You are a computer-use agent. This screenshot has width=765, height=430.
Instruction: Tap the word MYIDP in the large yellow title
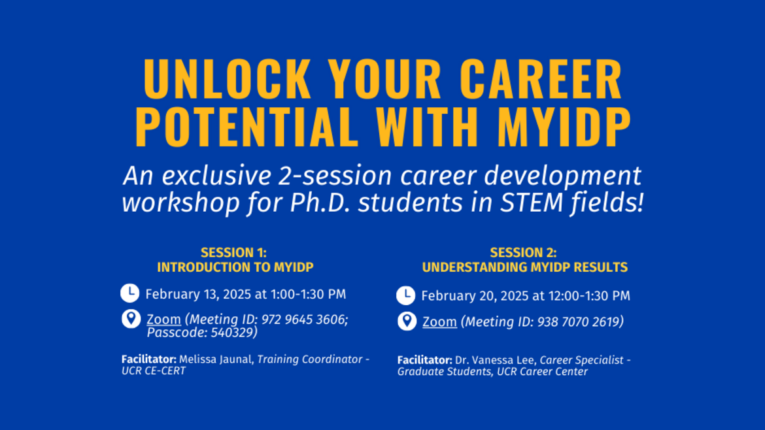(x=563, y=127)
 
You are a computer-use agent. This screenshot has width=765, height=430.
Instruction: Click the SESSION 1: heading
(x=233, y=253)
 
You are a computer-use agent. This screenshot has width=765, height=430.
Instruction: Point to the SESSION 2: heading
(x=523, y=253)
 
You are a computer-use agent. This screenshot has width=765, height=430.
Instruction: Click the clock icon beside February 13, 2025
(x=130, y=293)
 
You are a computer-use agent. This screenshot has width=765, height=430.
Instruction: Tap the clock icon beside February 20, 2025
(x=406, y=295)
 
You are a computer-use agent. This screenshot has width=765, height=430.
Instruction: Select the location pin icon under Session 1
(x=131, y=319)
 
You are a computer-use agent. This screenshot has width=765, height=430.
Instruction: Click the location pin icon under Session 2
(x=407, y=322)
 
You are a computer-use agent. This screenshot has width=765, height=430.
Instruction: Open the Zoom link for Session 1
(x=163, y=320)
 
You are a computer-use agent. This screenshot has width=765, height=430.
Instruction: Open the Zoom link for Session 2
(x=439, y=322)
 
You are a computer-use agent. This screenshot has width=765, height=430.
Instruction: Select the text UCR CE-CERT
(x=154, y=371)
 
